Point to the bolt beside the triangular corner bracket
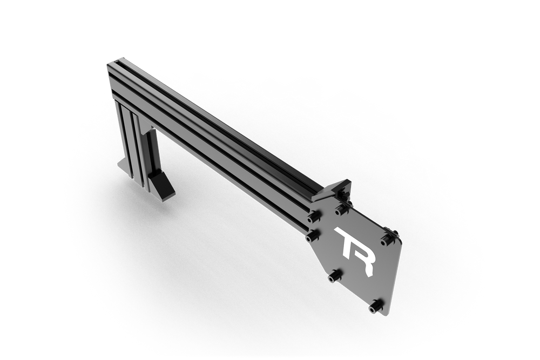pos(340,207)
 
